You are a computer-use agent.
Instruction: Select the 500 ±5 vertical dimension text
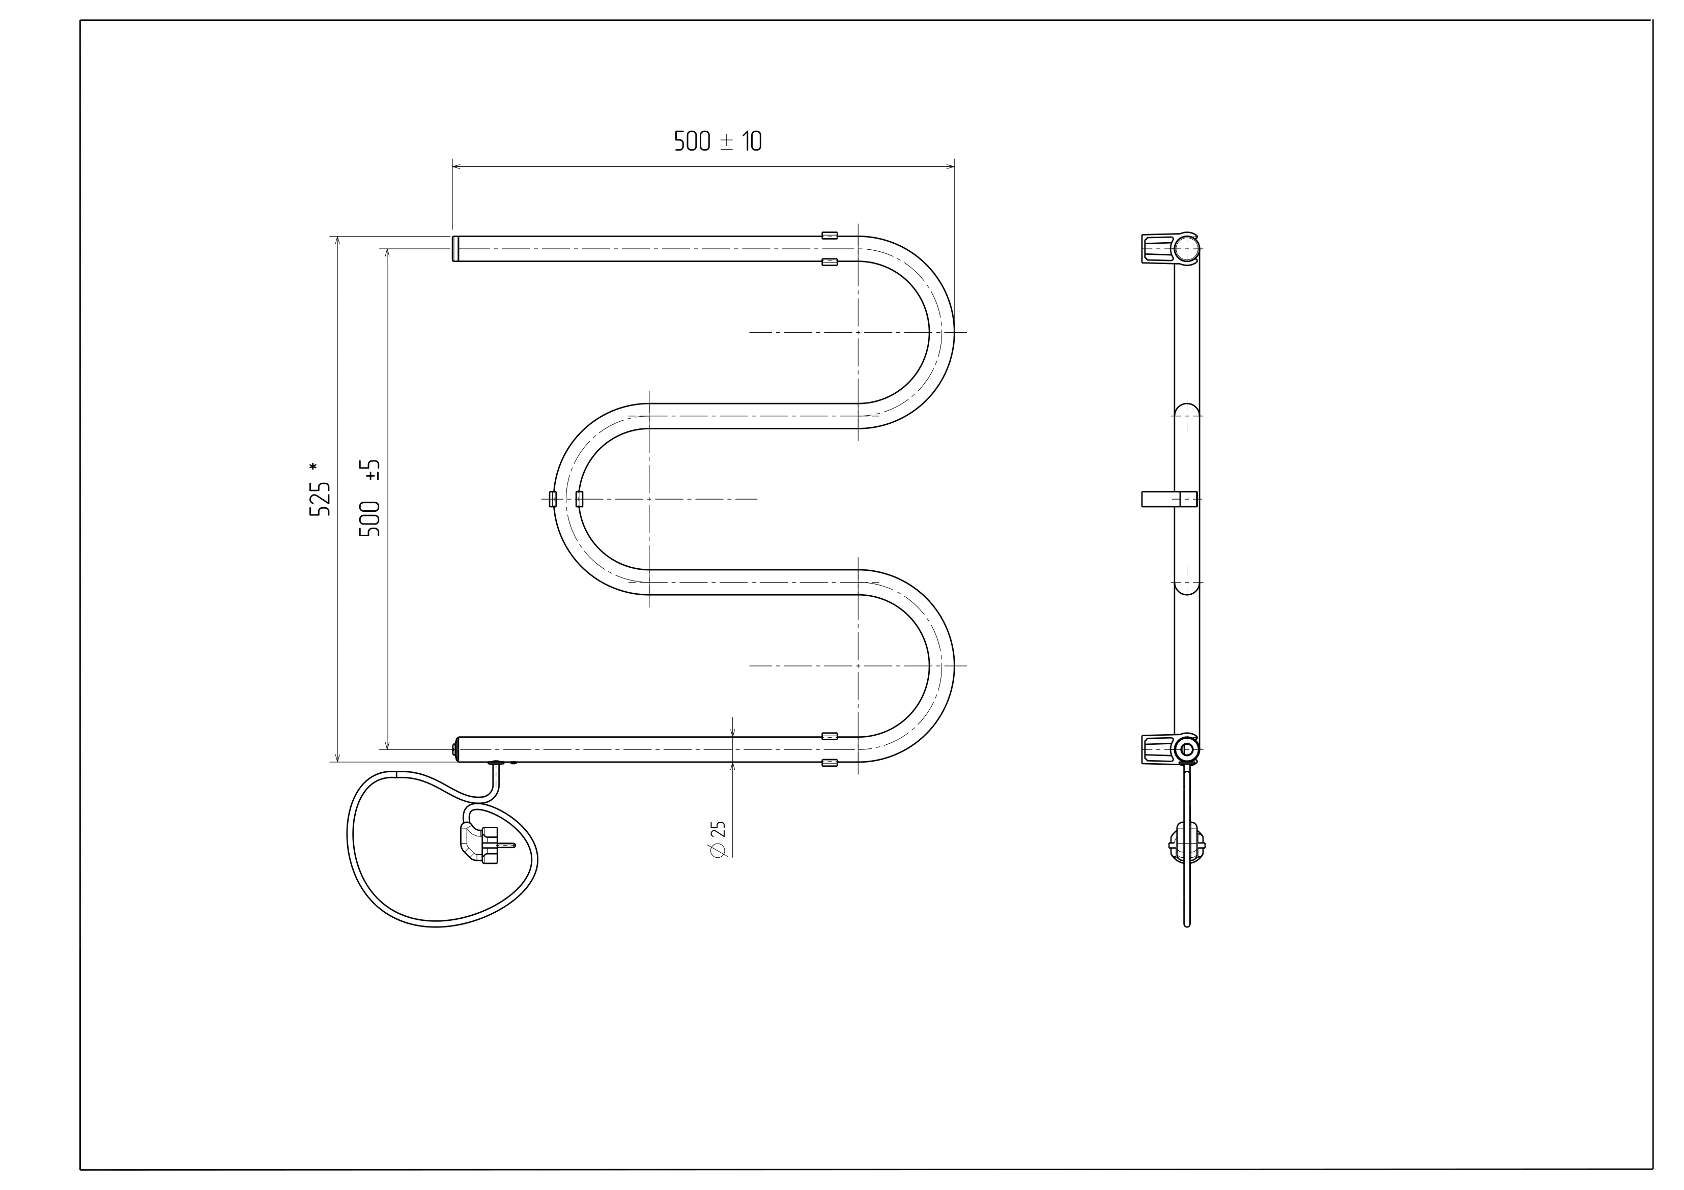[x=369, y=498]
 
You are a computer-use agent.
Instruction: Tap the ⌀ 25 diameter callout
[x=717, y=839]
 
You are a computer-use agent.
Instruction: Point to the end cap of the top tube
[x=455, y=249]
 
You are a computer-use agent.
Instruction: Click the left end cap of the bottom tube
[x=456, y=749]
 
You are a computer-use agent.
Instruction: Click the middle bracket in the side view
[x=1169, y=499]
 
